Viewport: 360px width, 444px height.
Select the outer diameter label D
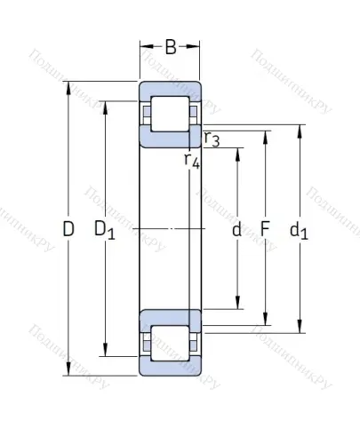pos(68,230)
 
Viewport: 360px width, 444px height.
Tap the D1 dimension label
pos(105,231)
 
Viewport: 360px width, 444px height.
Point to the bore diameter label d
pos(236,231)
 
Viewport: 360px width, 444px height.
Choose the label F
pos(265,231)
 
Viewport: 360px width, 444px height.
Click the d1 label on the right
pos(300,231)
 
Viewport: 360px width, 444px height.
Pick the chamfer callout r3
pos(212,139)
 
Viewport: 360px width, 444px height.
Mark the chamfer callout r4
pos(190,160)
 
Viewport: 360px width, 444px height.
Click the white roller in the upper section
pos(169,113)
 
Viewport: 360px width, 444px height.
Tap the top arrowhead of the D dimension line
pos(68,87)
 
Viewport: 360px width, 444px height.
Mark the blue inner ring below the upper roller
pos(169,137)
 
